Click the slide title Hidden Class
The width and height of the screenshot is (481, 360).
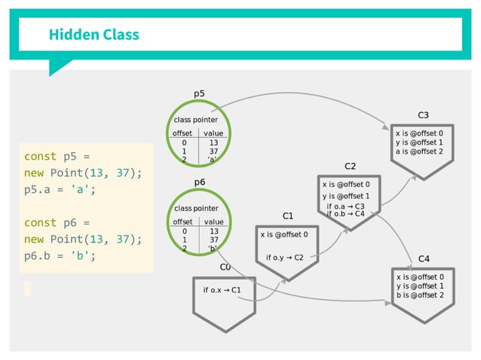(x=93, y=35)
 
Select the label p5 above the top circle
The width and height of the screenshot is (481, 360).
(x=199, y=94)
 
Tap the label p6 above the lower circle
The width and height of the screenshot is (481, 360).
(x=200, y=182)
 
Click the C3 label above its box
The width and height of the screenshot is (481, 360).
(x=423, y=114)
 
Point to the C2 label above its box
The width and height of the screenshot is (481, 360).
(x=350, y=166)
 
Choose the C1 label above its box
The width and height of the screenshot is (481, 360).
(x=287, y=216)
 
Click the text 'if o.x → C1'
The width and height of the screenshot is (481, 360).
(x=222, y=290)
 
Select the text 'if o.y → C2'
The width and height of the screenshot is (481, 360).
(x=284, y=258)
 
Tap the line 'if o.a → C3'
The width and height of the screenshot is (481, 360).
(x=345, y=206)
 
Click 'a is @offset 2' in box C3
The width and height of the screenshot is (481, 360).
(x=420, y=151)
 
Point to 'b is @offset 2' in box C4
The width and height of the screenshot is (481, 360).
(x=420, y=295)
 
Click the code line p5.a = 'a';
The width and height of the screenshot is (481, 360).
(x=60, y=190)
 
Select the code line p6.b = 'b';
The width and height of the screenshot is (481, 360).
(x=60, y=255)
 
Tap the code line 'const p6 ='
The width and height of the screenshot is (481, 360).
(x=57, y=223)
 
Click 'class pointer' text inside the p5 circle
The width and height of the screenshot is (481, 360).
(x=196, y=120)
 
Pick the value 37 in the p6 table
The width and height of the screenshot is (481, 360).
(x=213, y=240)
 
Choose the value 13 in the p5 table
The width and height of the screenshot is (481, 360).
(x=213, y=142)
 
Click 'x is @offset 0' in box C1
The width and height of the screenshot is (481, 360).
(x=290, y=234)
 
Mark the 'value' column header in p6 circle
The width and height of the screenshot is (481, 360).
(x=213, y=222)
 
